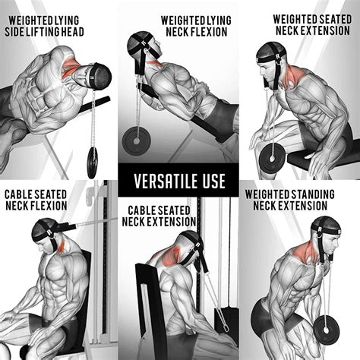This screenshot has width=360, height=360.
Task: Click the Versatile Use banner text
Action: point(179,182)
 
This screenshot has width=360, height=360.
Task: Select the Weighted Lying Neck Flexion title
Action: point(196,24)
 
